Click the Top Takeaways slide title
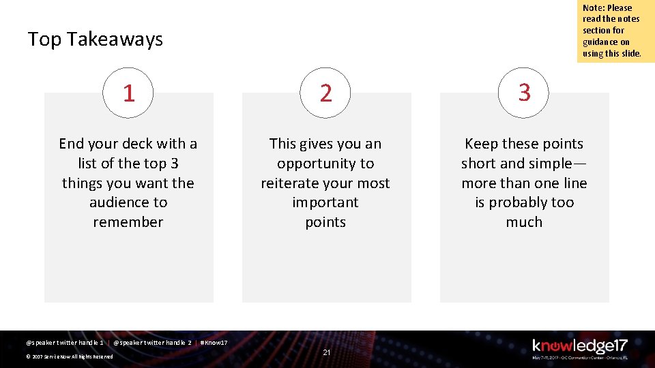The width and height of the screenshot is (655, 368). [96, 40]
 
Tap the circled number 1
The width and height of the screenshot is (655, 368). [128, 93]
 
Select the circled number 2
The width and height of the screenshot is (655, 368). [326, 93]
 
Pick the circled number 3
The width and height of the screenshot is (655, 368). [524, 93]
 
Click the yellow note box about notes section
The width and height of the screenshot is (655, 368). [615, 31]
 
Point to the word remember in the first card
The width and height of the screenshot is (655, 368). [128, 222]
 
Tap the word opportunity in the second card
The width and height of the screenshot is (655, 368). [325, 164]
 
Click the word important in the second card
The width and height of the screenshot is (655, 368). [325, 202]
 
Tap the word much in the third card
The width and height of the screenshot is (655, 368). [524, 222]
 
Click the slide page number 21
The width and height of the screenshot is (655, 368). [327, 352]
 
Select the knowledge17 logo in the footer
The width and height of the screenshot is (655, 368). [579, 348]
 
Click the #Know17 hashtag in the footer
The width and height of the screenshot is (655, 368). [214, 342]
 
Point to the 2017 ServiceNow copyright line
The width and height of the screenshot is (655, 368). [69, 356]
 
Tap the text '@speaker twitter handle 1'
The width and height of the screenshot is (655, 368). [64, 342]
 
